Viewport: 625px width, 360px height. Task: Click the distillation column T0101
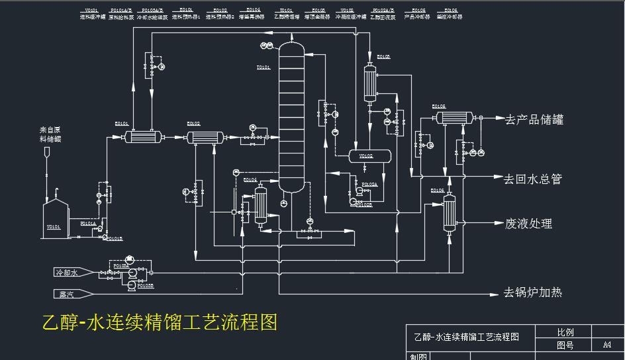(x=292, y=119)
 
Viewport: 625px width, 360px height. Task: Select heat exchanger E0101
(x=142, y=137)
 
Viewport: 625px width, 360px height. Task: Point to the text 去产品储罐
(x=534, y=120)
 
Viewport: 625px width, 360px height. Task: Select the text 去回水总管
(x=533, y=179)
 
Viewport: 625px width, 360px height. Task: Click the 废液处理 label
(x=528, y=224)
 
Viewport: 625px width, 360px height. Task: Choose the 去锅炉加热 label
(x=533, y=292)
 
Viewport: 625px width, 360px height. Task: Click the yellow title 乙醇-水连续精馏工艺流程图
(x=159, y=322)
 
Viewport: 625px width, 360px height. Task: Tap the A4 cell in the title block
(x=606, y=345)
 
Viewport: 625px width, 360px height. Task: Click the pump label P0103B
(x=144, y=286)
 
